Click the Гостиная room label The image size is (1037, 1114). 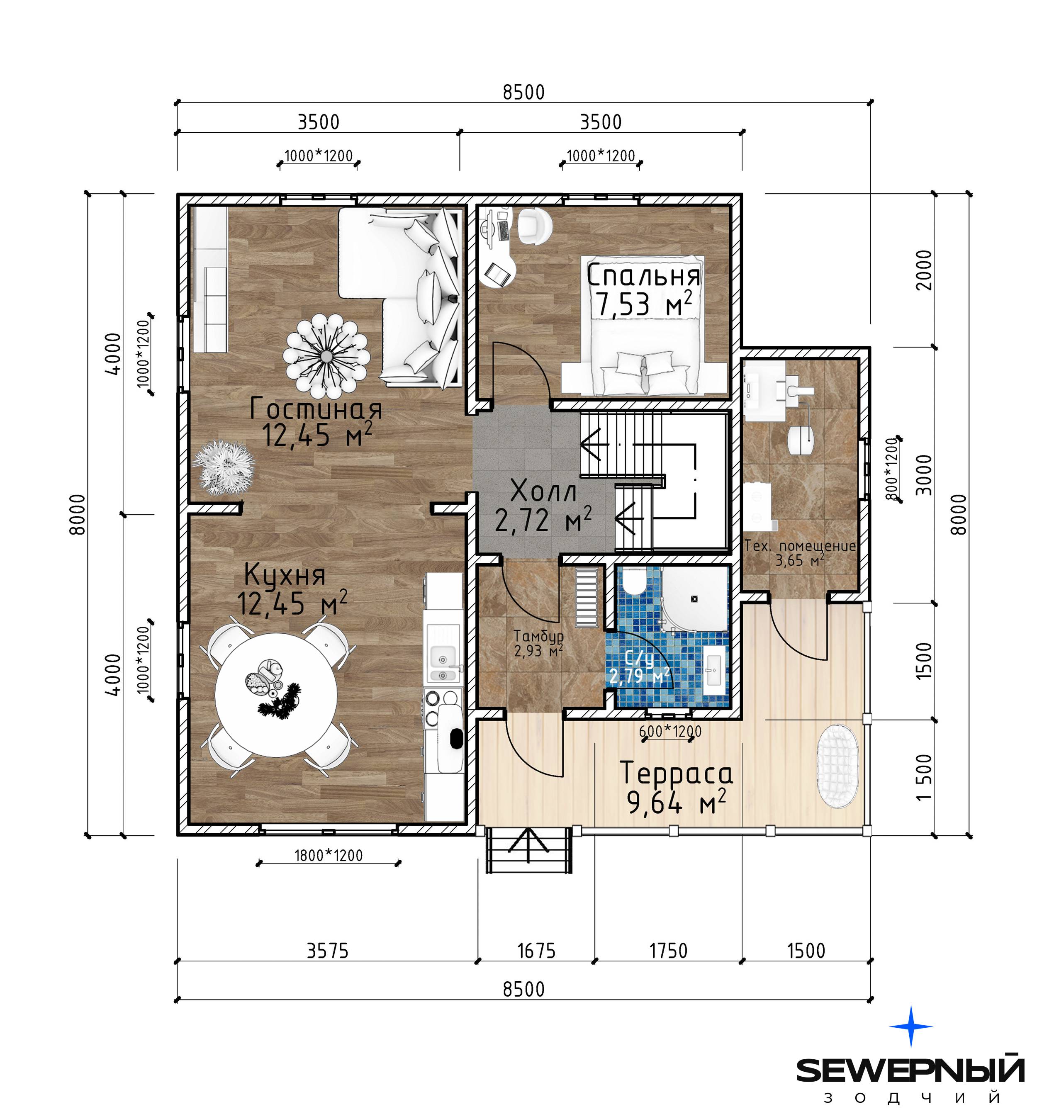316,409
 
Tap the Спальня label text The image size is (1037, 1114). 643,276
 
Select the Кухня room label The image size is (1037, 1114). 285,575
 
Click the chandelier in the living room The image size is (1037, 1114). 326,354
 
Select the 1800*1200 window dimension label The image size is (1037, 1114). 329,855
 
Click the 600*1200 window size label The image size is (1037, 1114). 670,731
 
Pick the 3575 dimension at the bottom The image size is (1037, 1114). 327,950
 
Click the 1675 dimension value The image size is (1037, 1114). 536,950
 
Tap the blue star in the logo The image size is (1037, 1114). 911,1026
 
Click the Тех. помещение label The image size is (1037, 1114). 800,545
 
